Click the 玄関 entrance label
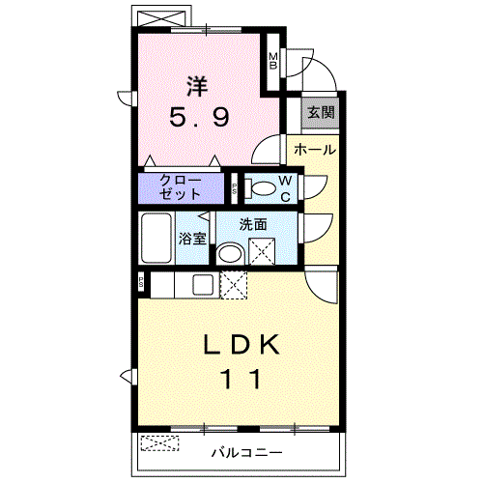321,112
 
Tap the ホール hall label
315,150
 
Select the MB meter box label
273,61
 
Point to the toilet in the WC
260,188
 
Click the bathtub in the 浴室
156,238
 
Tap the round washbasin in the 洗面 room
230,254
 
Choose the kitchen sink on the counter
203,285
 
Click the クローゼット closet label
181,187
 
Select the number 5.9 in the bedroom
200,117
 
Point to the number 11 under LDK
241,379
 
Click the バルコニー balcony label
246,453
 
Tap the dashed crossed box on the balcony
159,443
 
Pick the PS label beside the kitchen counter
141,282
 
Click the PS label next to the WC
235,188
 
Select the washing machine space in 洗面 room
262,251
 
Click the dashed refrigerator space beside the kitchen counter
234,285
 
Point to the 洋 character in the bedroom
197,86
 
